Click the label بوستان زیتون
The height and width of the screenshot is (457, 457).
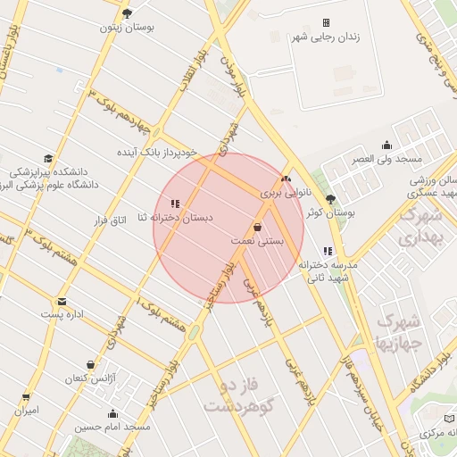[x=127, y=28]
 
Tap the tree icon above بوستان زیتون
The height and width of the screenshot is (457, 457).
[x=127, y=13]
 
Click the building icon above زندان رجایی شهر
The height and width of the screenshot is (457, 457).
[x=326, y=22]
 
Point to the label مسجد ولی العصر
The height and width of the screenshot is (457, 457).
[x=386, y=158]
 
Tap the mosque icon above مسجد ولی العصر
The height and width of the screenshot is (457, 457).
[x=386, y=145]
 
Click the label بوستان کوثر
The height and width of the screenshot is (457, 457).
[x=330, y=213]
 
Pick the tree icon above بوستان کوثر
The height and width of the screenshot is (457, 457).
[x=330, y=199]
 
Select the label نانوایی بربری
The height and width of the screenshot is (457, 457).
[x=287, y=192]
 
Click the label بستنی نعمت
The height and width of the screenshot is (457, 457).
[x=257, y=241]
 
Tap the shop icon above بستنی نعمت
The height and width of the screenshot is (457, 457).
[x=257, y=227]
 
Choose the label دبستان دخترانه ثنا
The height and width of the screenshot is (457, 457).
[x=174, y=219]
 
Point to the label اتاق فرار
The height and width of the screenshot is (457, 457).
[x=112, y=219]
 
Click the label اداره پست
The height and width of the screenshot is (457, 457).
[x=62, y=315]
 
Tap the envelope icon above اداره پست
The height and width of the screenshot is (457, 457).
[x=62, y=302]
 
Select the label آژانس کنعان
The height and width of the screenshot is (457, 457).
[x=91, y=378]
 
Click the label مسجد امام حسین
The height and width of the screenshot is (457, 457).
[x=112, y=428]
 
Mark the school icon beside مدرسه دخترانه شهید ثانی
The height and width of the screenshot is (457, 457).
[x=328, y=251]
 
